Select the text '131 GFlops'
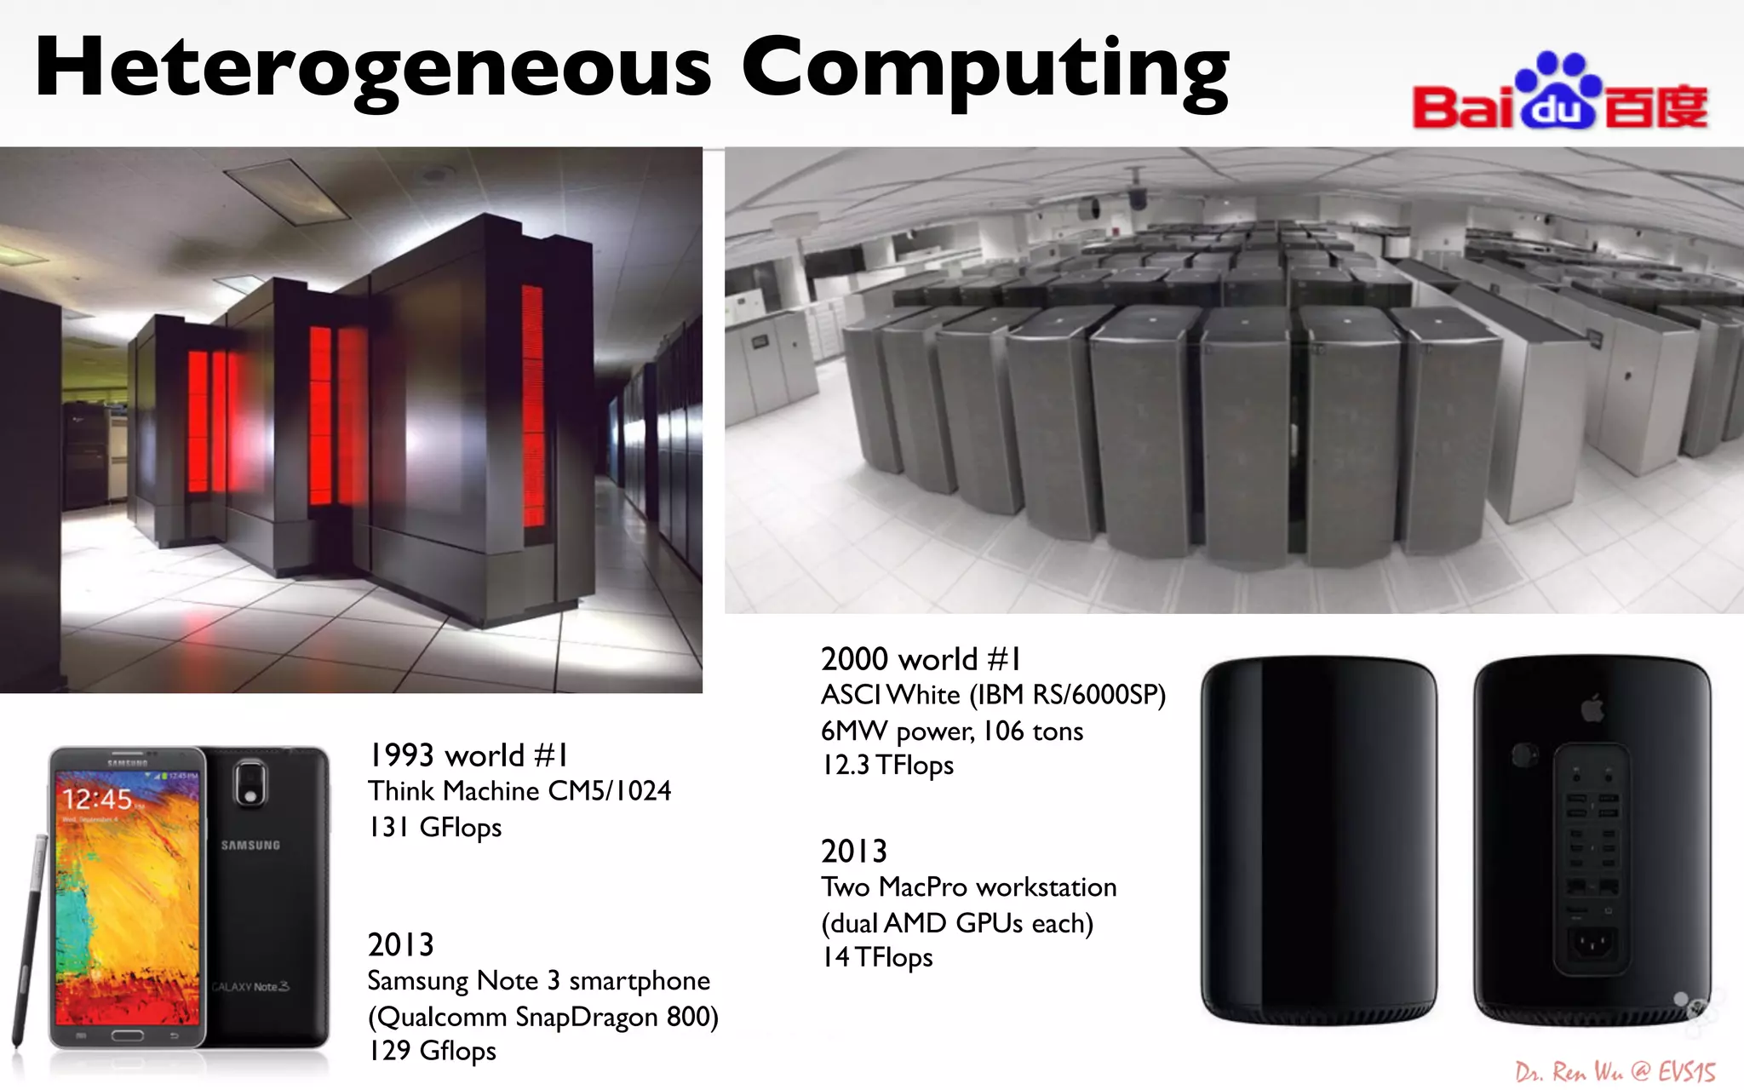point(434,828)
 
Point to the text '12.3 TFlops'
point(886,766)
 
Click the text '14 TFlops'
point(876,958)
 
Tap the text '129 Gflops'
point(432,1051)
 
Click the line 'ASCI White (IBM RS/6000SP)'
point(993,695)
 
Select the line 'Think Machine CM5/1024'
point(519,791)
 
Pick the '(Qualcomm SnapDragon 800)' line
point(542,1017)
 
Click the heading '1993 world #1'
point(468,755)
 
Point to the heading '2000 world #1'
point(921,659)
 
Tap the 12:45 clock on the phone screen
point(97,799)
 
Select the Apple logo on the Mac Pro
point(1592,708)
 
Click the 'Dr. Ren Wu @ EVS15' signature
point(1615,1071)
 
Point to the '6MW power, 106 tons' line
point(951,731)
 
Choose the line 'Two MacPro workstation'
point(968,887)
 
